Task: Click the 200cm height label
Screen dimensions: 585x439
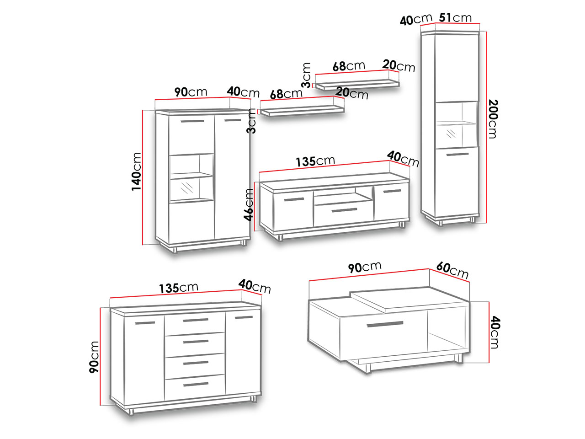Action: [x=493, y=119]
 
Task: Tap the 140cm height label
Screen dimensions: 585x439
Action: [x=136, y=171]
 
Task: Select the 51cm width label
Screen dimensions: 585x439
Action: [x=455, y=17]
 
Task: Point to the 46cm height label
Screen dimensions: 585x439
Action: [x=248, y=205]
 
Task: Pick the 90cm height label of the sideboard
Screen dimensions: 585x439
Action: [x=94, y=357]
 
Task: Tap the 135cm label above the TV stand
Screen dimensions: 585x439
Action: [x=315, y=161]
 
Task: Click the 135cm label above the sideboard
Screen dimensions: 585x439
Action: [x=179, y=288]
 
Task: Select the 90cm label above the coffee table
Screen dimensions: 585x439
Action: [x=365, y=267]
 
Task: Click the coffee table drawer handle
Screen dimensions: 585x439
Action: [x=385, y=324]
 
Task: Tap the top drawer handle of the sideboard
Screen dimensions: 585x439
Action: [x=196, y=320]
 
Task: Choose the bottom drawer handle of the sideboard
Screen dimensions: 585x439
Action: [x=196, y=384]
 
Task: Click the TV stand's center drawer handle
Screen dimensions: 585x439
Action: [x=344, y=210]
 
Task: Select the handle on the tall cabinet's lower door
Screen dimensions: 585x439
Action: [x=457, y=154]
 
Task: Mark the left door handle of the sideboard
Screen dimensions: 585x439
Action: [x=145, y=323]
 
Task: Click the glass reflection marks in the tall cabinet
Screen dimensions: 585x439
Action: [x=451, y=134]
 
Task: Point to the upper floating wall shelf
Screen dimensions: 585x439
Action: [x=357, y=84]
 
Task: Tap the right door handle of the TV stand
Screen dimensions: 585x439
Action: [x=392, y=191]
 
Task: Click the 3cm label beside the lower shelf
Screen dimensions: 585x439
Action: [x=251, y=121]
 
